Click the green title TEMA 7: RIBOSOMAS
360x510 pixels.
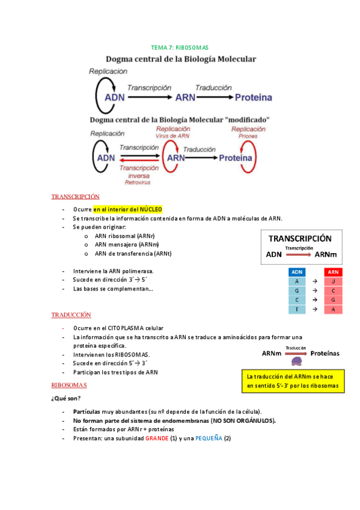179,47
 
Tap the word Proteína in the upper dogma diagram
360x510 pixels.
253,97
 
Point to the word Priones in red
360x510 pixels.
248,136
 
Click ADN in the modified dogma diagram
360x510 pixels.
105,158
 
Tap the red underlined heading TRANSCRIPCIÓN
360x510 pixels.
75,197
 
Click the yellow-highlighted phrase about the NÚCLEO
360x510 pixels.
127,209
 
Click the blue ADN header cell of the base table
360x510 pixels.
297,272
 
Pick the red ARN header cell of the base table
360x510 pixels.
333,272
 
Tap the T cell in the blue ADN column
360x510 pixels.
297,309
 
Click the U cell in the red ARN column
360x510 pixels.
333,281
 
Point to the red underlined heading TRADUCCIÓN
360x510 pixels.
71,315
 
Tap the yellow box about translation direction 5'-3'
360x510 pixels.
292,381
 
